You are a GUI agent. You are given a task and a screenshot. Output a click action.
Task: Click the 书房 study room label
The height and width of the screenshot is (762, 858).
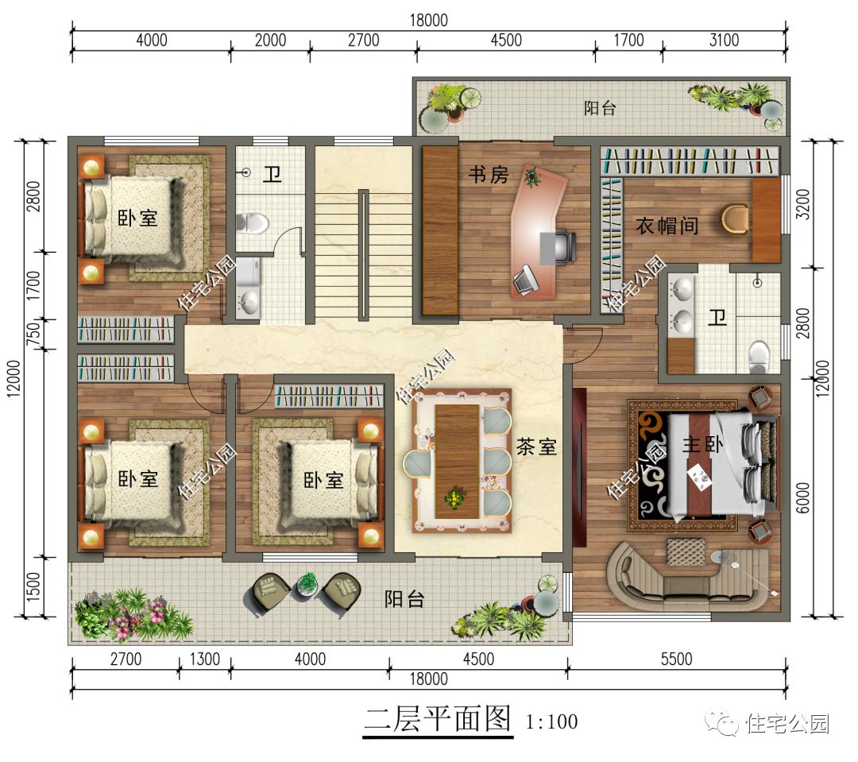488,175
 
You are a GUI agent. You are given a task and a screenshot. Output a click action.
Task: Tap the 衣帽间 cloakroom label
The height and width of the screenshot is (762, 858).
667,225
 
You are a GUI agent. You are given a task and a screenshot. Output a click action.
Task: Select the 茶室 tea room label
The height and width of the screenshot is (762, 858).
536,447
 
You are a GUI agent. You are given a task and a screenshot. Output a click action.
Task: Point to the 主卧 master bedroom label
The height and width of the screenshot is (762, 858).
702,444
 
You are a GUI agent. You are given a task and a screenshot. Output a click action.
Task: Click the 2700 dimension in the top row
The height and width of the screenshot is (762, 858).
363,41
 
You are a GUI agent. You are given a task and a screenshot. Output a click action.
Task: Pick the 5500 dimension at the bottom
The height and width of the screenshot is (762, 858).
676,659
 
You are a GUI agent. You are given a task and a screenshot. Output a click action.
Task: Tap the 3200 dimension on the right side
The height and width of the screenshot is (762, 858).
802,203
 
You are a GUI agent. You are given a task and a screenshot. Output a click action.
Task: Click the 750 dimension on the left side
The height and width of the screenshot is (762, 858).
33,334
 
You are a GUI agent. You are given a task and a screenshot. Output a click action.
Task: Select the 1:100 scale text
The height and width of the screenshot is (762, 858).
551,722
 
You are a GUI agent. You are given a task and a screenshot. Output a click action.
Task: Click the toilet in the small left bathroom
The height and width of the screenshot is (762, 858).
253,223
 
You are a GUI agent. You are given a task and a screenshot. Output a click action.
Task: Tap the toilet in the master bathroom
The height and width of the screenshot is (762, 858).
759,356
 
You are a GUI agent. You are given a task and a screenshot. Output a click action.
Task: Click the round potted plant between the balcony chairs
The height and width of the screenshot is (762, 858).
307,585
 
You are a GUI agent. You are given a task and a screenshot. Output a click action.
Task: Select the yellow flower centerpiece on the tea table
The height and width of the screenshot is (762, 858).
454,498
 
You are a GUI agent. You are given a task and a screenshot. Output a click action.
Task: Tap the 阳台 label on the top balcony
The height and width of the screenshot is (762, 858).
600,108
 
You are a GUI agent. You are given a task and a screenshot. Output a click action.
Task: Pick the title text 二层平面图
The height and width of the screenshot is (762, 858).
438,719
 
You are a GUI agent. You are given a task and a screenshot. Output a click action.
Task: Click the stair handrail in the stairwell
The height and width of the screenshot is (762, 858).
363,255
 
